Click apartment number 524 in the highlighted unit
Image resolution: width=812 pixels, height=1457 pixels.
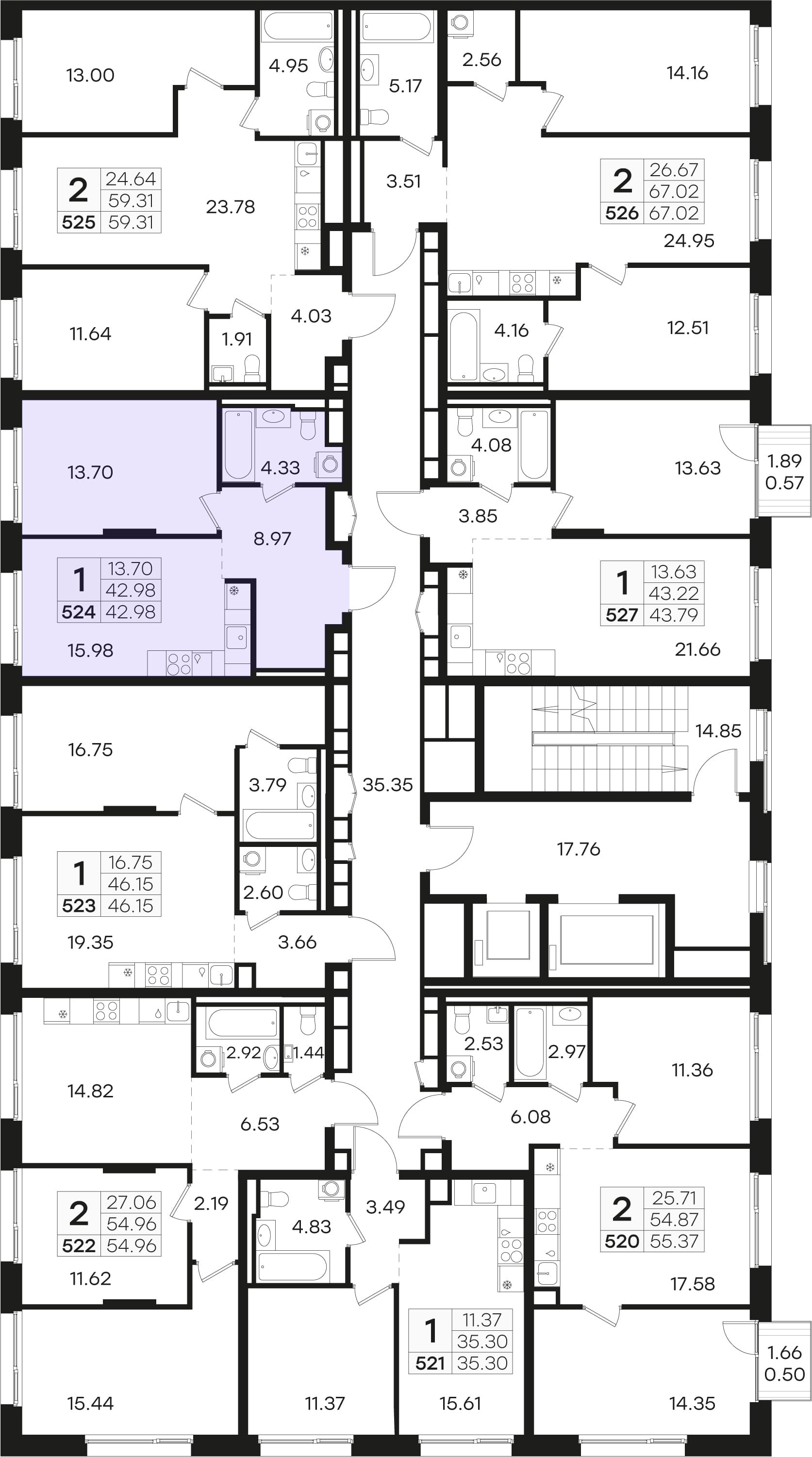(79, 612)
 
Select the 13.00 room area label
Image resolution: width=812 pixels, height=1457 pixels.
(90, 75)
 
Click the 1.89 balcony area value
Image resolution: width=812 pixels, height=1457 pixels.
(784, 461)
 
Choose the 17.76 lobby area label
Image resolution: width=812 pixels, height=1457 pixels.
(579, 848)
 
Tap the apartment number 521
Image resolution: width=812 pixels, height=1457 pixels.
(431, 1364)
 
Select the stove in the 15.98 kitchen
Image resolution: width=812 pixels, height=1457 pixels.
(179, 663)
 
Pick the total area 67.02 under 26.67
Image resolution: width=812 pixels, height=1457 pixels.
(674, 192)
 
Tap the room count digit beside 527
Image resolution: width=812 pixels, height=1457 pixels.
(622, 582)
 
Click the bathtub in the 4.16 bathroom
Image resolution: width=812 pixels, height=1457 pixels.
(464, 346)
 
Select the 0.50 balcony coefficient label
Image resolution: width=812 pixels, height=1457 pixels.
(784, 1374)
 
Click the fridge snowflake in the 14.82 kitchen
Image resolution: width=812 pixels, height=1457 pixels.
(63, 1014)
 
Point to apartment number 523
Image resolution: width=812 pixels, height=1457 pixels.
(79, 906)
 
